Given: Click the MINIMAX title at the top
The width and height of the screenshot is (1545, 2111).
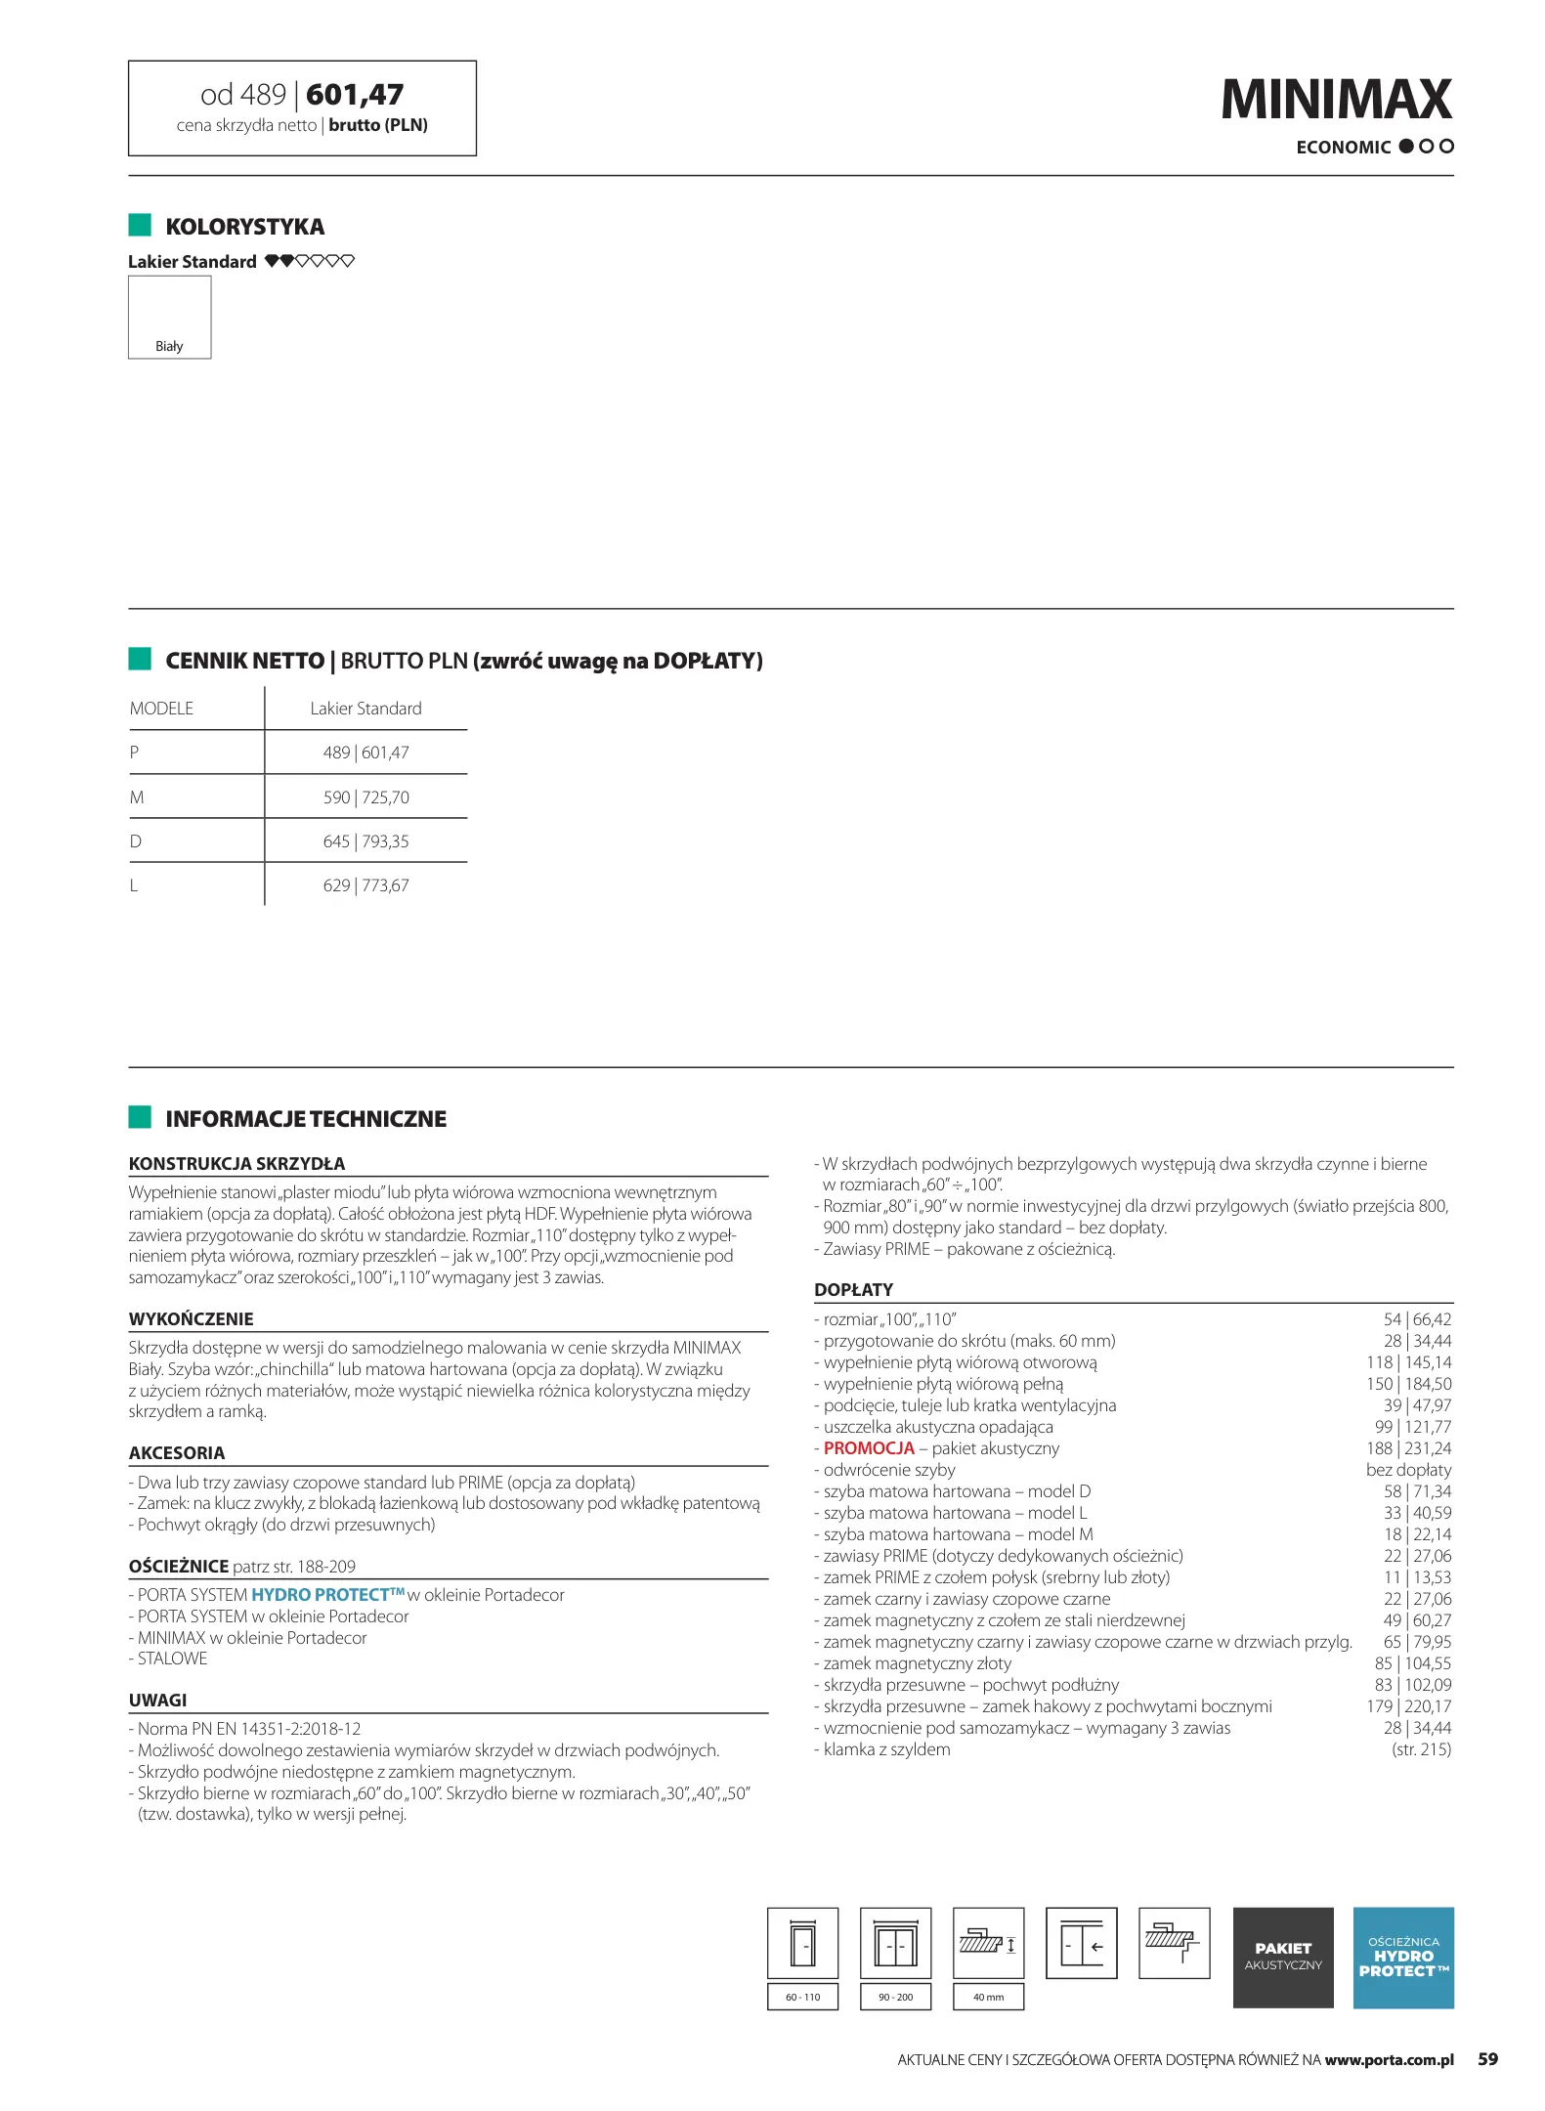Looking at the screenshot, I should (1335, 100).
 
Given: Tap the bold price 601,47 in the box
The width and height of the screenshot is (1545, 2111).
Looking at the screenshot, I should (354, 95).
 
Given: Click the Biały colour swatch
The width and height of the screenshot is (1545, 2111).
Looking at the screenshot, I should (169, 317).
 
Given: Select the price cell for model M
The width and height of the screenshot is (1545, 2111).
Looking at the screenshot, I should (365, 797).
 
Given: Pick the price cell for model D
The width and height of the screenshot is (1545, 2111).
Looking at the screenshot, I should (365, 841).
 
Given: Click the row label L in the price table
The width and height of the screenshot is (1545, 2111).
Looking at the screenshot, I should (134, 885).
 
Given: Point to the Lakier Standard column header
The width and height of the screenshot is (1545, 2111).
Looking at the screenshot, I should (365, 709).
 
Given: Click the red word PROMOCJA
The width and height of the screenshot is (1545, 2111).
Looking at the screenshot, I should (869, 1448).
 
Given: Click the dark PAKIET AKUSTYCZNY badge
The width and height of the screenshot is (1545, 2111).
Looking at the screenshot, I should (1282, 1957).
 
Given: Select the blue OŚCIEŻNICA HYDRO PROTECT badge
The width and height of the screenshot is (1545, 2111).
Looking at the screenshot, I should (1402, 1957).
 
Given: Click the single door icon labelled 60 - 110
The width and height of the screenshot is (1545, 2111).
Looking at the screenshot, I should (802, 1944).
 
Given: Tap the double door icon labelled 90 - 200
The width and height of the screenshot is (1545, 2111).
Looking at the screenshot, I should (895, 1944).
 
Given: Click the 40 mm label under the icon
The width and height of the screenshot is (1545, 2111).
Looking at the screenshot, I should (988, 1997).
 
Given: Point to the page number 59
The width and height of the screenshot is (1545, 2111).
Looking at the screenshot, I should (1487, 2059).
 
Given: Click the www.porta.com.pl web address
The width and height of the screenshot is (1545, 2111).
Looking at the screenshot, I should (1389, 2060).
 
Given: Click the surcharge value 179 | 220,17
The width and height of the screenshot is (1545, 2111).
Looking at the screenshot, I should (1408, 1706).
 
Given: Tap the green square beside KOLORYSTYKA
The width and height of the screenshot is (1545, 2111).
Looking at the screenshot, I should (140, 226).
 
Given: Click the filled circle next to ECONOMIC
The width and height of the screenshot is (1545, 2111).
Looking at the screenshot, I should (1406, 147).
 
